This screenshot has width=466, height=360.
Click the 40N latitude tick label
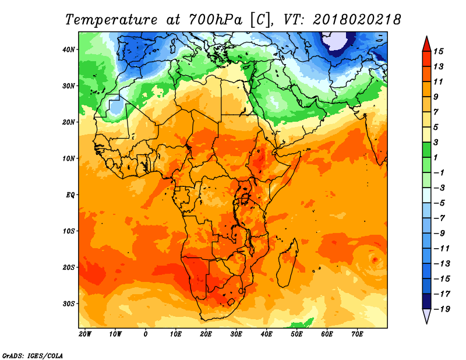tap(68, 50)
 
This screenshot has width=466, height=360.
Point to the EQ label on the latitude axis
tap(70, 195)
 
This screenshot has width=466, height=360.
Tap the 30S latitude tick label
tap(68, 304)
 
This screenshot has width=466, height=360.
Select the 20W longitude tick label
tap(85, 334)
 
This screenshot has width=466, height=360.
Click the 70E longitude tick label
tap(357, 334)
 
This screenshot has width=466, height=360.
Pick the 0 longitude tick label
tap(145, 334)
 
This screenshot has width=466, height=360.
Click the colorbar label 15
tap(438, 51)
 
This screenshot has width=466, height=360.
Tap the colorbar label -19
tap(442, 309)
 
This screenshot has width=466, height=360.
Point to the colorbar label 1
tap(436, 157)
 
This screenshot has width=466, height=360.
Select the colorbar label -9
tap(440, 233)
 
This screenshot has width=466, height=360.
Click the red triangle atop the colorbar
tap(426, 44)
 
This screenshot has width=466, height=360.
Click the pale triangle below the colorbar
tap(426, 316)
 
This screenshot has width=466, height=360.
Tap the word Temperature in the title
tap(111, 20)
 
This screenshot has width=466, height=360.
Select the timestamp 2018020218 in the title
tap(357, 20)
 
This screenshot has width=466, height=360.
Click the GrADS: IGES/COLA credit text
tap(33, 356)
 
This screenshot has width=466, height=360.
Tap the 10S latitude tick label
tap(68, 231)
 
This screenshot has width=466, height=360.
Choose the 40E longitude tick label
tap(266, 334)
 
